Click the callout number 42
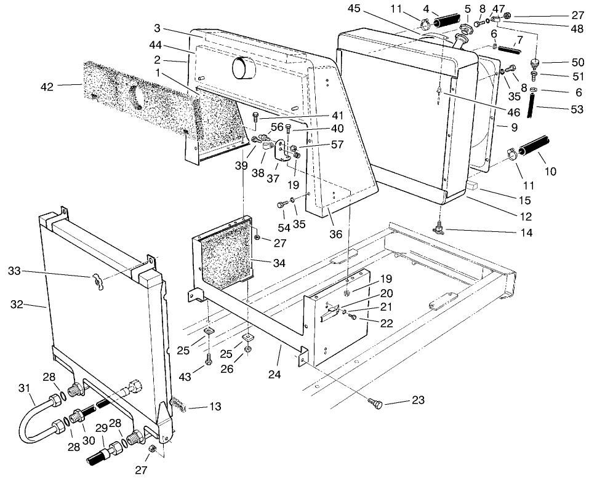pos(47,87)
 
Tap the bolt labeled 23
pos(375,404)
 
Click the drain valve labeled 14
pos(440,229)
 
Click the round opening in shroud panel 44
pos(243,69)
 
